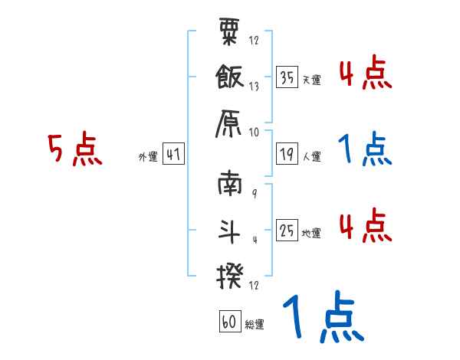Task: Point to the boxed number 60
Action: click(x=229, y=322)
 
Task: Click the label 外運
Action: click(x=147, y=156)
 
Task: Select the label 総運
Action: click(x=255, y=324)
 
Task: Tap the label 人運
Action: click(x=312, y=157)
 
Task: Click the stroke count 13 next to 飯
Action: click(x=255, y=87)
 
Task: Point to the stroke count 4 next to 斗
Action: click(x=254, y=240)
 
